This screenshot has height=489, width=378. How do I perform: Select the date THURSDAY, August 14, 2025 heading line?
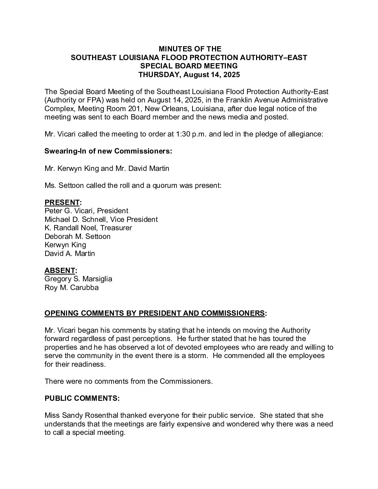click(x=189, y=74)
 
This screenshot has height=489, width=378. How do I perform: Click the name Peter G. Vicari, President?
click(x=87, y=211)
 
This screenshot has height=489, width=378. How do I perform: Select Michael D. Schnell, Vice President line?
click(x=101, y=219)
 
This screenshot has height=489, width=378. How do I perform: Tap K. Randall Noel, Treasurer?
click(x=88, y=228)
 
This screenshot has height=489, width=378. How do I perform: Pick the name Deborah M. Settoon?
click(x=77, y=237)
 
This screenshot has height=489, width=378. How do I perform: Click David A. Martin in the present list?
click(x=69, y=254)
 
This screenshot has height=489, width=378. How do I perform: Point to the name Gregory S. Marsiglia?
click(x=78, y=279)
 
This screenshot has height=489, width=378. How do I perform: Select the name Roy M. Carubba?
click(x=72, y=288)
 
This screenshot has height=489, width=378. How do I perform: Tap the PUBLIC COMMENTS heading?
click(x=82, y=398)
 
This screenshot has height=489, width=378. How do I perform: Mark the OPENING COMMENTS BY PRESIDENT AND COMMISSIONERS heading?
click(x=155, y=313)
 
